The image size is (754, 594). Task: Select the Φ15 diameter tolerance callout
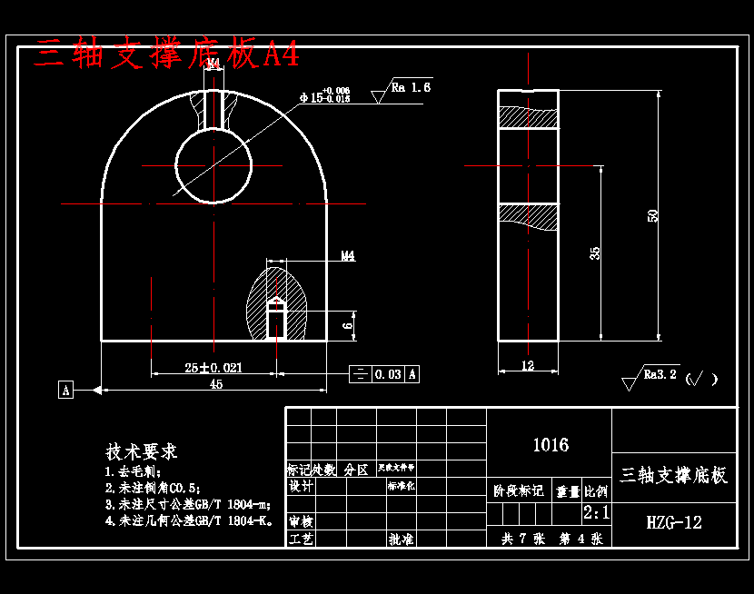pyautogui.click(x=324, y=96)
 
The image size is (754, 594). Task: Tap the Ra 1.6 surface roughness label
pyautogui.click(x=411, y=88)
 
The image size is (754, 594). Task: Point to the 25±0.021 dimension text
pyautogui.click(x=213, y=367)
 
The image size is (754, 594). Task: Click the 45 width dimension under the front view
pyautogui.click(x=216, y=384)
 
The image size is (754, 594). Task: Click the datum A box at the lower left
pyautogui.click(x=65, y=390)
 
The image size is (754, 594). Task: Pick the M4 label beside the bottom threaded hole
pyautogui.click(x=348, y=256)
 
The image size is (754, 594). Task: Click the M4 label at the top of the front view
pyautogui.click(x=213, y=64)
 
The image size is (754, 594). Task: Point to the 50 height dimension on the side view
pyautogui.click(x=652, y=216)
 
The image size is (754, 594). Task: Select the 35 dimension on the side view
pyautogui.click(x=595, y=252)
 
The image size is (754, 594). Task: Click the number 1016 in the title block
pyautogui.click(x=550, y=445)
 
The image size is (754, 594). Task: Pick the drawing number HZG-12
pyautogui.click(x=674, y=522)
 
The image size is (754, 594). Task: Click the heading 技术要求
pyautogui.click(x=142, y=451)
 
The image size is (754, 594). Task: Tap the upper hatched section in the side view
pyautogui.click(x=528, y=118)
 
